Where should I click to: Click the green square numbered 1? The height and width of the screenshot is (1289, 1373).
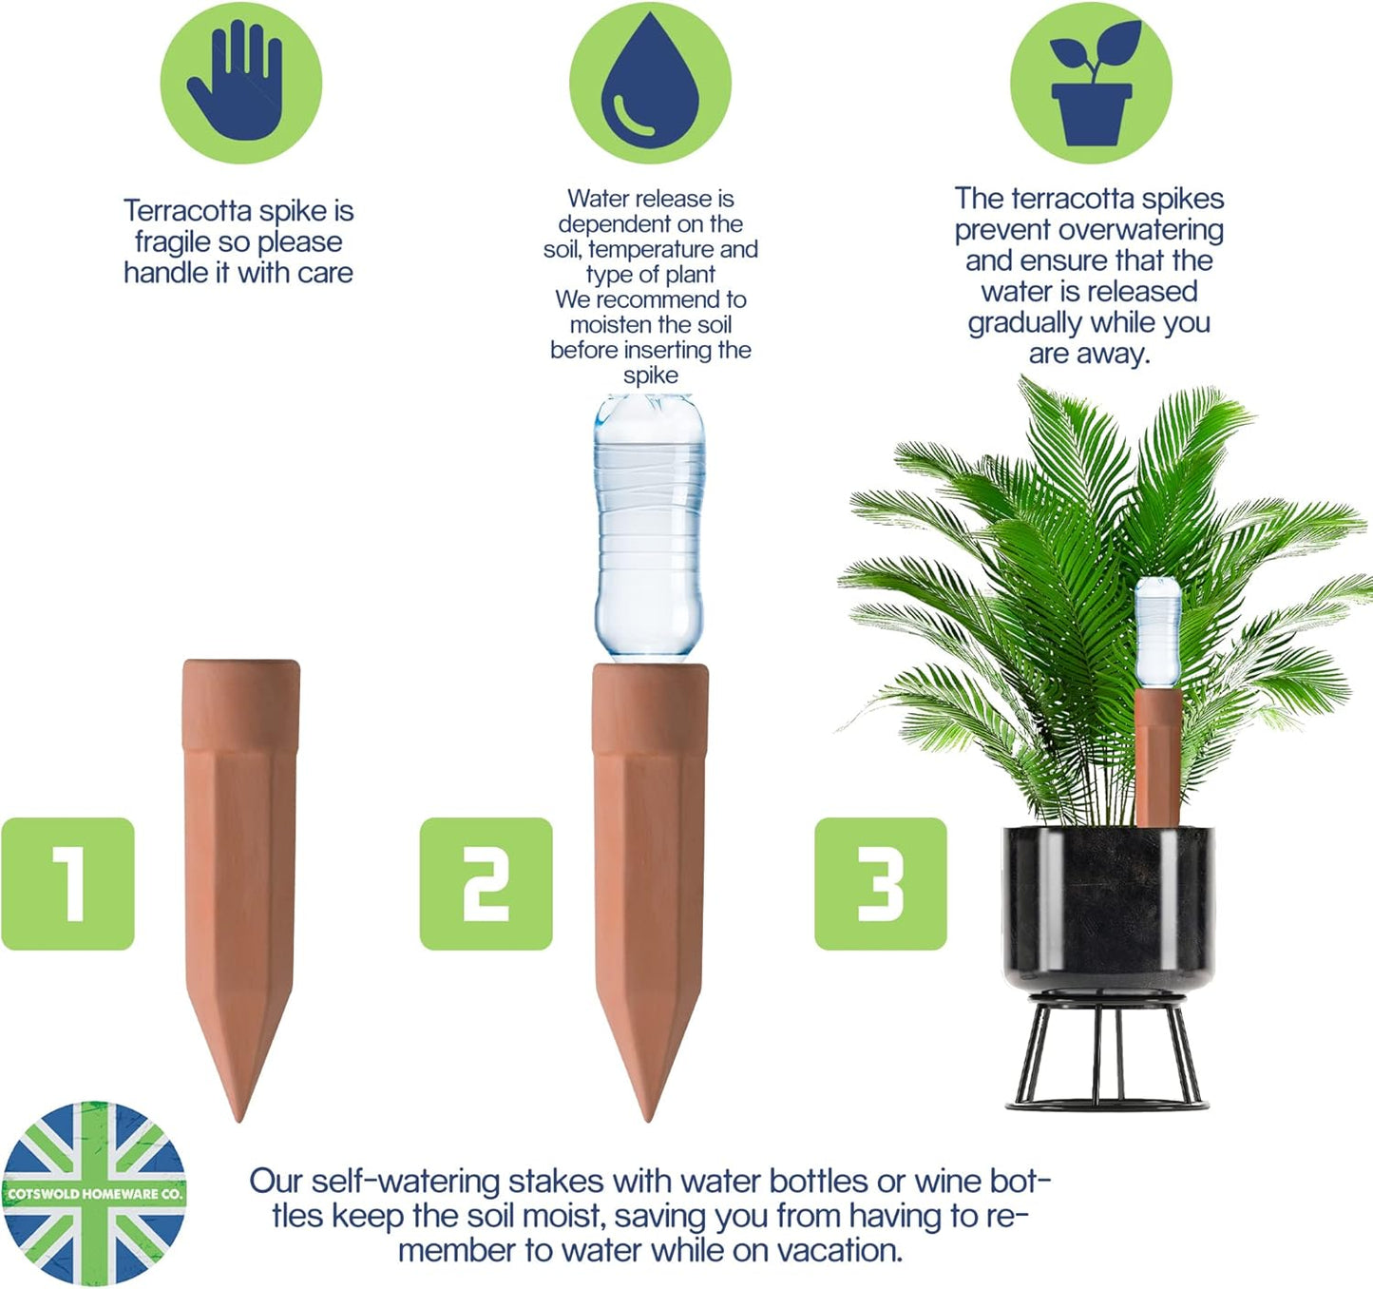(x=68, y=883)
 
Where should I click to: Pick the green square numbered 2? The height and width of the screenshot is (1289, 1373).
(x=486, y=883)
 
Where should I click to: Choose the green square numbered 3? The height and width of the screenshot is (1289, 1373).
(x=880, y=883)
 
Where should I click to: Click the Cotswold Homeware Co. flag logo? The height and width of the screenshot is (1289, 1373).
(x=93, y=1193)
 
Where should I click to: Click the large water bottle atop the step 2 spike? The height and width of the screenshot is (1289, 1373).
(x=650, y=528)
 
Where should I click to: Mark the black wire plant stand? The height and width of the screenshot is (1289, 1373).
(x=1108, y=1055)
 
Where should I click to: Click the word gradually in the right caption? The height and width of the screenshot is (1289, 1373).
(x=1024, y=323)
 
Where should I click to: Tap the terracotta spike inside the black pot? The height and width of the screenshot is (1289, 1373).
(x=1157, y=756)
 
